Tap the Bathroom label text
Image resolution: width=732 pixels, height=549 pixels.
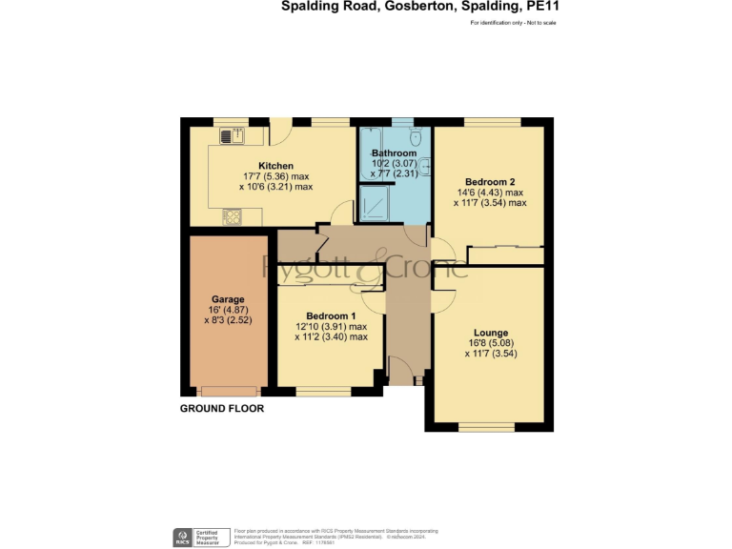point(394,153)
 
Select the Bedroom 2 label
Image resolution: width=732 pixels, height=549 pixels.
point(490,182)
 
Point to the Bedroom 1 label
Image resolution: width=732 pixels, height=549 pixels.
point(331,315)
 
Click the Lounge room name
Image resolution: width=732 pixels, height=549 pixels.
point(490,333)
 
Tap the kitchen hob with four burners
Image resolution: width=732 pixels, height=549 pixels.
point(232,217)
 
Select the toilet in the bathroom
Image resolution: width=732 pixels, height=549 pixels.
point(416,137)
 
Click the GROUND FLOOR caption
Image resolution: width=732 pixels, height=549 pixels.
point(222,408)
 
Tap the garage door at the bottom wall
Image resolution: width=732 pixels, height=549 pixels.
point(229,390)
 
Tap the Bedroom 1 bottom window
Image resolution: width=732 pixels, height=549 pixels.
point(323,391)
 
